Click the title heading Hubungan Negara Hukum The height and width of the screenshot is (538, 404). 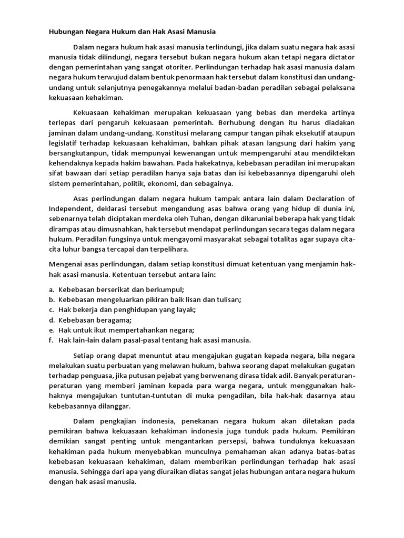pyautogui.click(x=132, y=32)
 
